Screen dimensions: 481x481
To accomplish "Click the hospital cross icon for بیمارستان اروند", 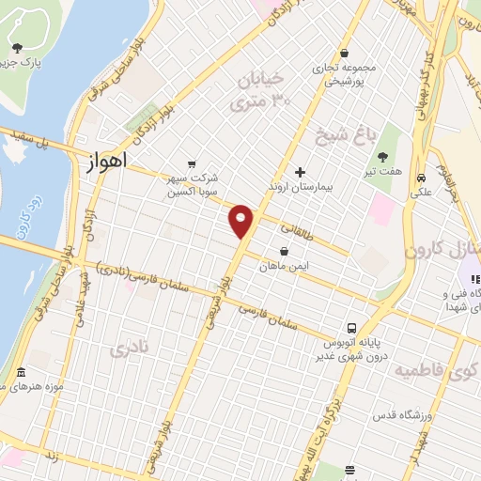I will [300, 172].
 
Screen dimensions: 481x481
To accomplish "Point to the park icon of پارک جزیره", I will [16, 47].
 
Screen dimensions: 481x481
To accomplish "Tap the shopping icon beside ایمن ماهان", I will [285, 251].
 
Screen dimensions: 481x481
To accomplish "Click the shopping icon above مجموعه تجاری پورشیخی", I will [346, 53].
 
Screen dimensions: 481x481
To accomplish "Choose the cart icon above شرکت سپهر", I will [193, 163].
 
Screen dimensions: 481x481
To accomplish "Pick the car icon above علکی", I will [422, 176].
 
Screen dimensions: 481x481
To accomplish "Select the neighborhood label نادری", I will [130, 350].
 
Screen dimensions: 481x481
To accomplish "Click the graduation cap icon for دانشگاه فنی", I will [467, 279].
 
